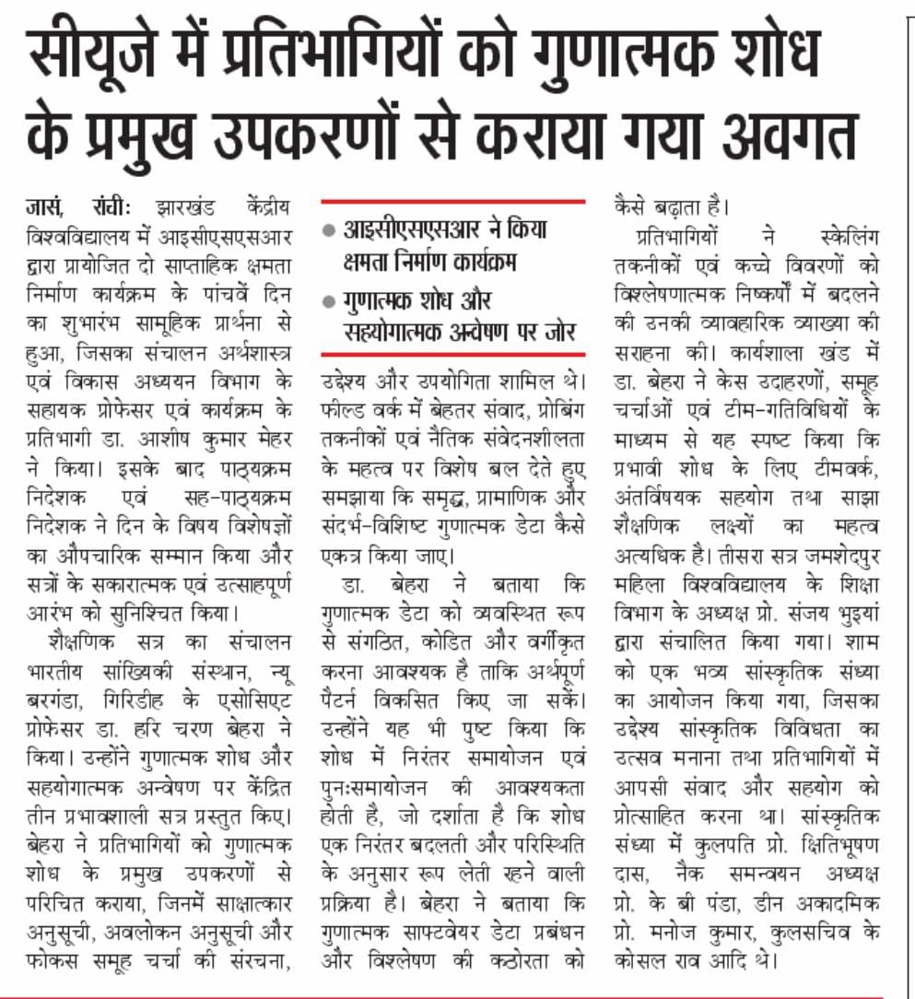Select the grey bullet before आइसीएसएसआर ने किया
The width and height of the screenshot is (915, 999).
(x=330, y=230)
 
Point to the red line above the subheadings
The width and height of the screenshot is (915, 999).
(x=452, y=200)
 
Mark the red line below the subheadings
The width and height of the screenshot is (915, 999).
(x=452, y=353)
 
